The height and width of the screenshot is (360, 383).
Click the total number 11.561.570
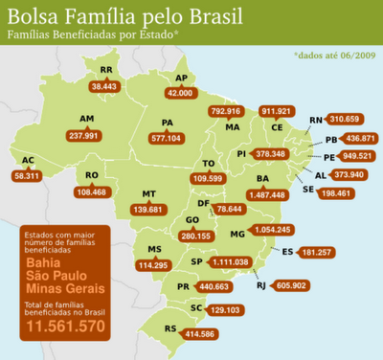coord(64,327)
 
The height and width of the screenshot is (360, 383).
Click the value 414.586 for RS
coord(194,333)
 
